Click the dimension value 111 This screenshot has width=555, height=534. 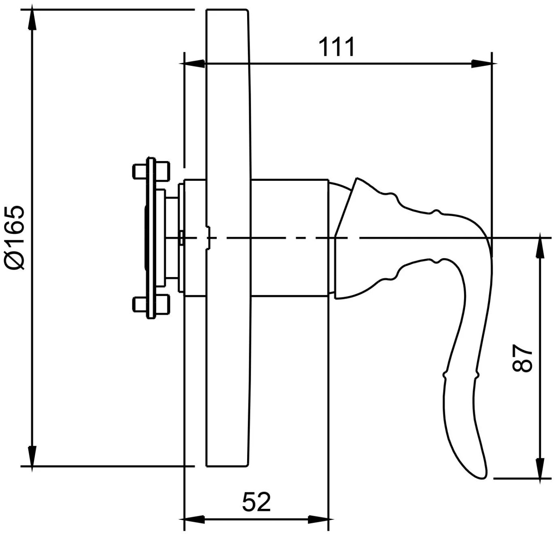pyautogui.click(x=337, y=47)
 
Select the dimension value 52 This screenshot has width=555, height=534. pyautogui.click(x=256, y=502)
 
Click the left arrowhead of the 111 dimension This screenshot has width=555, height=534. pyautogui.click(x=195, y=64)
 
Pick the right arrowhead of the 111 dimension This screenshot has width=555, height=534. pyautogui.click(x=482, y=64)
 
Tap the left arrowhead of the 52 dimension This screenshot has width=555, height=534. pyautogui.click(x=195, y=519)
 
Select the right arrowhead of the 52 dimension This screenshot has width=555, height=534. pyautogui.click(x=319, y=519)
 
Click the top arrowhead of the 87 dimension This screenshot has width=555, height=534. pyautogui.click(x=540, y=248)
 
